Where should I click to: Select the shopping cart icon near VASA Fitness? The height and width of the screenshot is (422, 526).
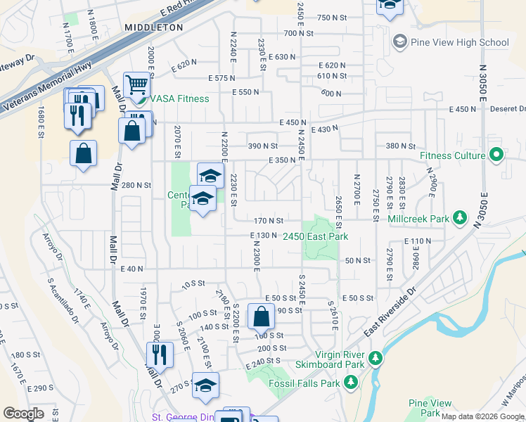click(138, 85)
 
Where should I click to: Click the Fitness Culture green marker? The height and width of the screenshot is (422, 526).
click(496, 155)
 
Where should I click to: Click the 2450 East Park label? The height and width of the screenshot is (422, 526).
click(316, 237)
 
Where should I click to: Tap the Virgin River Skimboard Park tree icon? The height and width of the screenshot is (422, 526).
click(375, 359)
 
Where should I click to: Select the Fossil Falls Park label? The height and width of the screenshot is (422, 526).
click(304, 383)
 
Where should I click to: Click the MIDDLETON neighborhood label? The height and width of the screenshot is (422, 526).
click(153, 27)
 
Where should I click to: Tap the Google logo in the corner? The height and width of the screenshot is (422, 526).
click(23, 414)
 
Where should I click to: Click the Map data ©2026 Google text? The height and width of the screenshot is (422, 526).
click(482, 416)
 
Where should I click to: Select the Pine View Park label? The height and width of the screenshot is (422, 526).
click(430, 408)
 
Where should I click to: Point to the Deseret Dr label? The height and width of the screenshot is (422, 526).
click(511, 109)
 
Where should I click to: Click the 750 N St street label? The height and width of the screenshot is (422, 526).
click(333, 18)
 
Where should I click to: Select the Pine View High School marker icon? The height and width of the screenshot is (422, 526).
click(400, 42)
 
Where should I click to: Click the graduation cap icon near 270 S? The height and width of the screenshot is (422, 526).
click(205, 385)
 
